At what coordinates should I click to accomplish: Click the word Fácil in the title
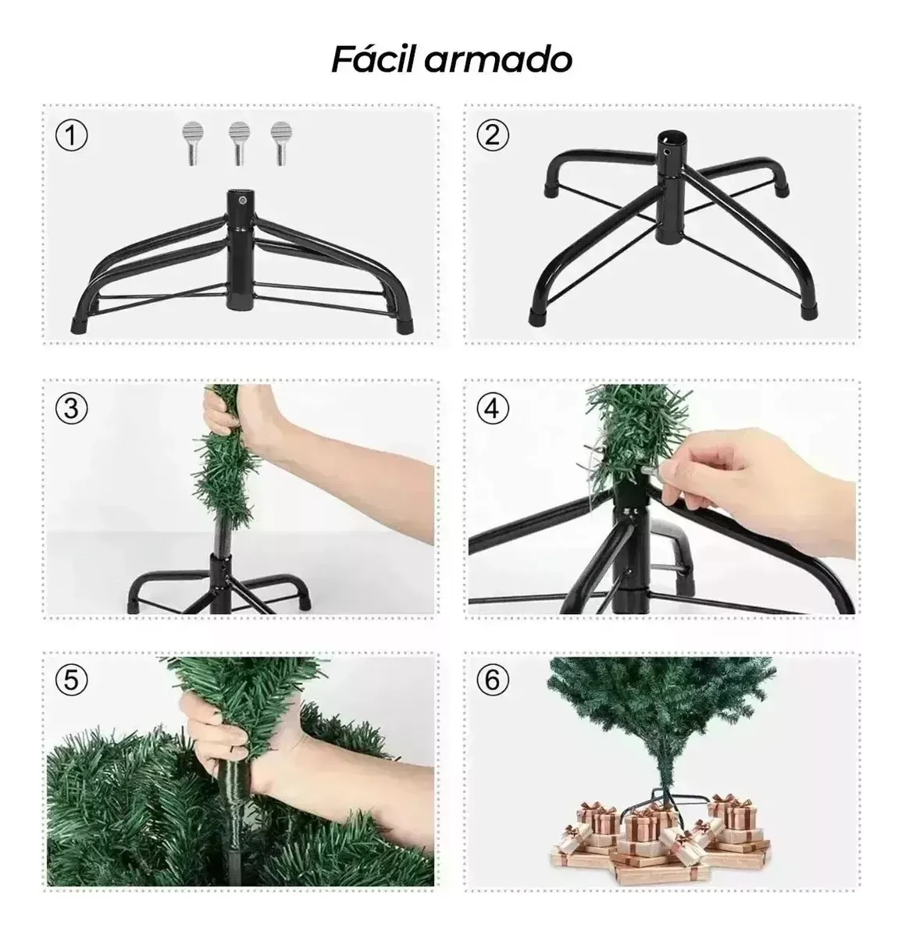pyautogui.click(x=374, y=59)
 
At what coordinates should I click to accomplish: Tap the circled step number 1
pyautogui.click(x=72, y=136)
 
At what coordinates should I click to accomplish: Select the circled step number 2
pyautogui.click(x=493, y=135)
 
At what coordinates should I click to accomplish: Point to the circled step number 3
pyautogui.click(x=72, y=409)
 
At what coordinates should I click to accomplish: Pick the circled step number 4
pyautogui.click(x=493, y=409)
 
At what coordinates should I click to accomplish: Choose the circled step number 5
pyautogui.click(x=72, y=680)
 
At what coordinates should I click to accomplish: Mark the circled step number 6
pyautogui.click(x=493, y=680)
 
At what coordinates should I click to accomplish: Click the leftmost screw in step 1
pyautogui.click(x=193, y=143)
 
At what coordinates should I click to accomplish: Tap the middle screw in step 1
pyautogui.click(x=238, y=143)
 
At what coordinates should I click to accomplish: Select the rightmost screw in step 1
pyautogui.click(x=281, y=143)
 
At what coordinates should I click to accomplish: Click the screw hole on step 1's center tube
pyautogui.click(x=242, y=201)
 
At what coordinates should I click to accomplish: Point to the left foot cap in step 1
pyautogui.click(x=79, y=325)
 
